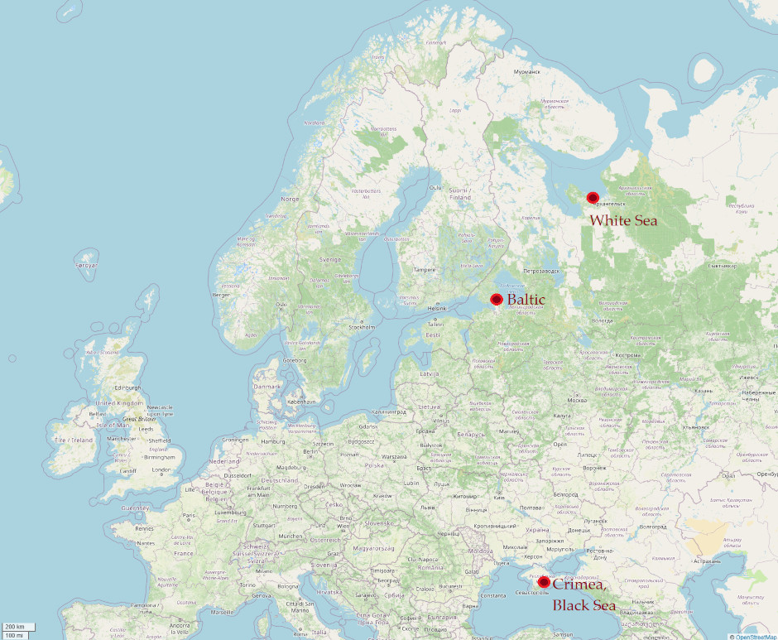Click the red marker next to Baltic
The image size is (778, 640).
[x=497, y=299]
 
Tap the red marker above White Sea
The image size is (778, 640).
[x=593, y=197]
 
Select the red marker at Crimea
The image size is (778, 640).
[x=544, y=582]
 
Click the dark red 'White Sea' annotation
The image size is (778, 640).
[x=623, y=220]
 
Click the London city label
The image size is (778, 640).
[x=162, y=470]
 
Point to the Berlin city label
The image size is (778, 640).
[x=311, y=450]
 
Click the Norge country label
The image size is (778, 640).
[x=290, y=199]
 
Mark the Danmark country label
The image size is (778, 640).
[x=267, y=386]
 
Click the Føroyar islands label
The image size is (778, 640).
[x=87, y=266]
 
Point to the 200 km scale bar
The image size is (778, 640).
[x=15, y=627]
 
